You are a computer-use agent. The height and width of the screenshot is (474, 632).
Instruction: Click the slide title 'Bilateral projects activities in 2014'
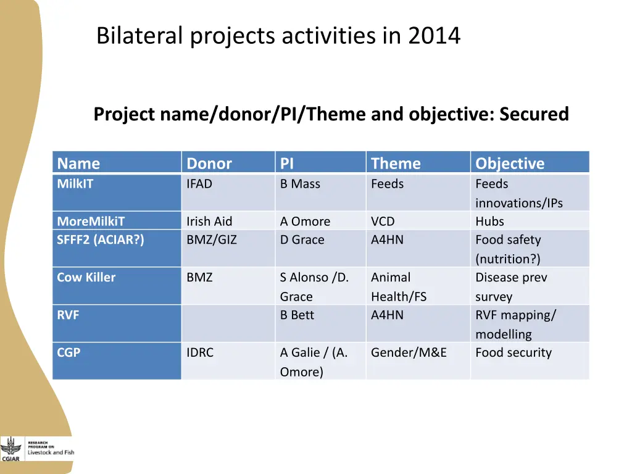pyautogui.click(x=278, y=36)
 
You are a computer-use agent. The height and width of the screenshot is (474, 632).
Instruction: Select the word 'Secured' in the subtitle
pyautogui.click(x=534, y=114)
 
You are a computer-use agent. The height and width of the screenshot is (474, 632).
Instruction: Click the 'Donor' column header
pyautogui.click(x=209, y=164)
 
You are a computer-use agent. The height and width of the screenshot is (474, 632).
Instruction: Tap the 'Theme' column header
pyautogui.click(x=396, y=164)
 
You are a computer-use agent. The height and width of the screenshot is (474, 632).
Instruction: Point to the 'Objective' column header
pyautogui.click(x=510, y=164)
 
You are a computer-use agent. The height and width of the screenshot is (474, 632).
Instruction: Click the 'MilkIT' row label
pyautogui.click(x=75, y=184)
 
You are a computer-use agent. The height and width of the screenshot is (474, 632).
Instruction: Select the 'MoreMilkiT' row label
pyautogui.click(x=91, y=221)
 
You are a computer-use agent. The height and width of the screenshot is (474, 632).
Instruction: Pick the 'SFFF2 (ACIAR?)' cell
pyautogui.click(x=101, y=239)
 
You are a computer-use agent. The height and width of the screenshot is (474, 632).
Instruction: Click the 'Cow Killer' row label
pyautogui.click(x=86, y=277)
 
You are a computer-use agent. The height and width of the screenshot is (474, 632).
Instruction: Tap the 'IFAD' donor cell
pyautogui.click(x=199, y=184)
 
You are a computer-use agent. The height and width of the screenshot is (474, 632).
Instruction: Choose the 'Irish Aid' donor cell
pyautogui.click(x=209, y=221)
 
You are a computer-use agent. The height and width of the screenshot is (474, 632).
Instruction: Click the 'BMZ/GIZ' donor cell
pyautogui.click(x=212, y=239)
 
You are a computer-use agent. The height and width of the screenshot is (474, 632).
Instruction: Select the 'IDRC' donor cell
pyautogui.click(x=200, y=352)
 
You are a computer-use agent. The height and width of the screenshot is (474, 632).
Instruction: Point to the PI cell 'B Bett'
pyautogui.click(x=297, y=315)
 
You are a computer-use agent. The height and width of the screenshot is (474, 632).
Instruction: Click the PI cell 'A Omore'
pyautogui.click(x=305, y=221)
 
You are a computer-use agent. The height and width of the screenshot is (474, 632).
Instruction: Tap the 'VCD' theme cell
pyautogui.click(x=383, y=221)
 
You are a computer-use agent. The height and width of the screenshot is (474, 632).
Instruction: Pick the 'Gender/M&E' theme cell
pyautogui.click(x=409, y=352)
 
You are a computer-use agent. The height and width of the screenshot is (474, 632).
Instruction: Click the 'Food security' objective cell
pyautogui.click(x=513, y=352)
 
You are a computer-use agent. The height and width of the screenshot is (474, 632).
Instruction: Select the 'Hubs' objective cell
pyautogui.click(x=489, y=221)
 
